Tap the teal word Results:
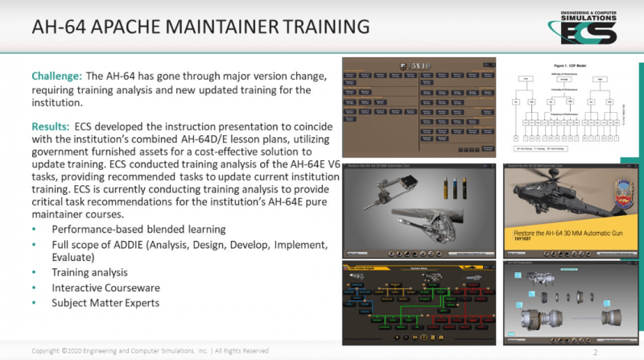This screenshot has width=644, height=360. pos(52,127)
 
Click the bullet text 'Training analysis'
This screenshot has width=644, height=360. pos(89,272)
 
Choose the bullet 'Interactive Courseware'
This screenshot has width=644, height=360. pos(105,288)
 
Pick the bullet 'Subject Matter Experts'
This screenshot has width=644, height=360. pos(105,303)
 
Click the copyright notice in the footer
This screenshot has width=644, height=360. pos(150,351)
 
